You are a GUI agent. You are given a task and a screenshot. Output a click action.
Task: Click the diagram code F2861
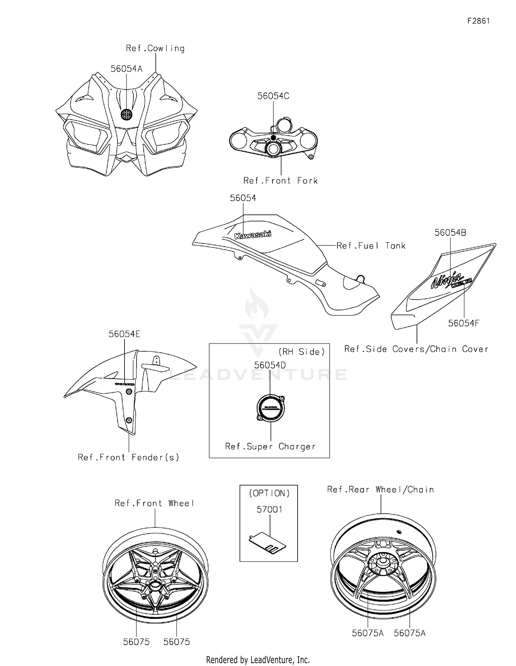click(x=479, y=21)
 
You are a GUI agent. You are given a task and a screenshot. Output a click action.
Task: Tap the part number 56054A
click(x=126, y=69)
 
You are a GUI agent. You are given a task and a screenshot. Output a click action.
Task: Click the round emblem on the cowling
click(x=126, y=114)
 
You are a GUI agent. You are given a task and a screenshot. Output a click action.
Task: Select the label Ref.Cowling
click(x=155, y=48)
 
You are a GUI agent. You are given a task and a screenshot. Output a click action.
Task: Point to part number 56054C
click(x=273, y=96)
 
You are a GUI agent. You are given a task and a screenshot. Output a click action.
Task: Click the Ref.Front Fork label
click(x=280, y=181)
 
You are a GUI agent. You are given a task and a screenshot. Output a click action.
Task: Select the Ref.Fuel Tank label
click(x=371, y=246)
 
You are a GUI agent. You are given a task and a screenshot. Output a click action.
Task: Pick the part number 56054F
click(x=463, y=323)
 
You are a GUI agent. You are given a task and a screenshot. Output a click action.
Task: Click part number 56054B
click(x=450, y=233)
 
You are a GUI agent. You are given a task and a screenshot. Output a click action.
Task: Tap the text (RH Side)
click(x=301, y=352)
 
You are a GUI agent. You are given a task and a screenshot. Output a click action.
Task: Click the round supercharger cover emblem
click(x=271, y=408)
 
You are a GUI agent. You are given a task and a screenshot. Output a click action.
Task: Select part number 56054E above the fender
click(x=124, y=334)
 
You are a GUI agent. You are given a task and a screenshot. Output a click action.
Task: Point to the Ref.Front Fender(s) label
click(x=128, y=457)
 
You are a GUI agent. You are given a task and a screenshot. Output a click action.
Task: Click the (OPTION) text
click(x=269, y=493)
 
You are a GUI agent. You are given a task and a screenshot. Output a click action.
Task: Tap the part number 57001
click(x=269, y=509)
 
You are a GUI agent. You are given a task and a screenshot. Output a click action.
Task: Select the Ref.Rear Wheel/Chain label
click(x=380, y=489)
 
